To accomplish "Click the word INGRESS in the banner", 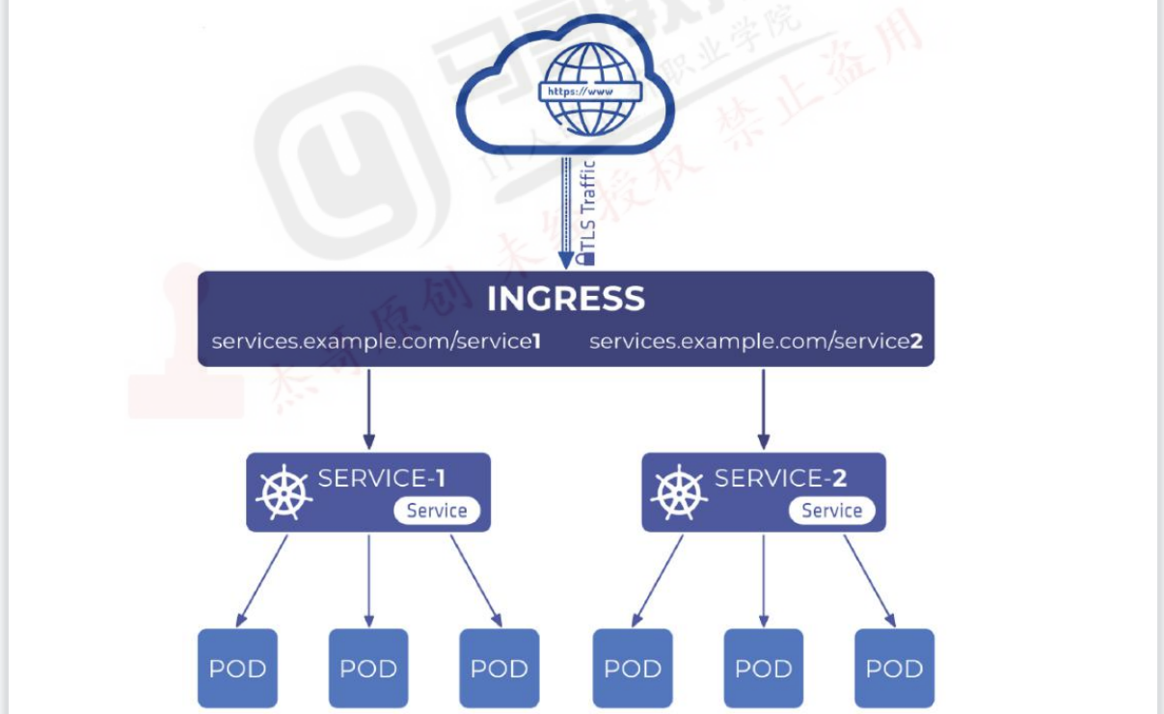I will (565, 299).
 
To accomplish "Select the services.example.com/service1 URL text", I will (375, 341).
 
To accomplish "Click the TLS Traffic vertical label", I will (589, 212).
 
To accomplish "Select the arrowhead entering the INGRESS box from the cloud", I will (566, 260).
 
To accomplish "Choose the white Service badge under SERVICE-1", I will (436, 511).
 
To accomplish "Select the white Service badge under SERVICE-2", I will (831, 511).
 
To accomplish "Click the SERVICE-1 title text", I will (382, 478).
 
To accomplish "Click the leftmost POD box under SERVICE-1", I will (237, 669).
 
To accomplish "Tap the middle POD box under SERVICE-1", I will (368, 669).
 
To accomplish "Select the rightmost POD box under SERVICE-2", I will (894, 669).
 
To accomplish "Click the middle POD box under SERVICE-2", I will (764, 669).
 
